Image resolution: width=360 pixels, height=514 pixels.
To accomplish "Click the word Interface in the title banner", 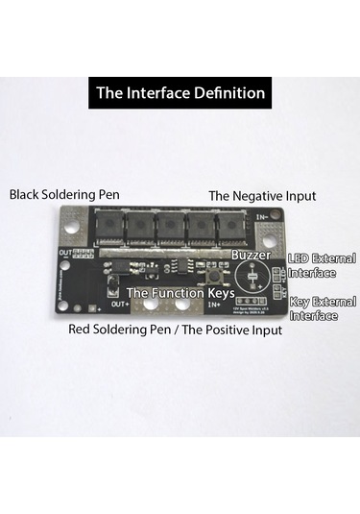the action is coord(160,94).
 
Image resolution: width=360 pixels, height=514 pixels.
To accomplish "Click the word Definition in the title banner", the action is coord(228,94).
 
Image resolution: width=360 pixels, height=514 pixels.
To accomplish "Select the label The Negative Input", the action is coord(262,195).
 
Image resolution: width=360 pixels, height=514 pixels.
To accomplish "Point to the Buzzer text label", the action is coord(251,256).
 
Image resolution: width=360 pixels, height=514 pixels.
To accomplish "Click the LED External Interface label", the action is coord(323,265).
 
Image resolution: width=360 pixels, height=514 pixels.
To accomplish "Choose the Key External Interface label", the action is coord(323,307).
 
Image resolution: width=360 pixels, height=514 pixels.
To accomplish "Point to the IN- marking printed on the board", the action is coord(262,218).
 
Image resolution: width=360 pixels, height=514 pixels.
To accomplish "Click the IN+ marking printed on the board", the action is coord(215,305).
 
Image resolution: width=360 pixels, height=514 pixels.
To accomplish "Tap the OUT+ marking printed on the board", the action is coord(120,305).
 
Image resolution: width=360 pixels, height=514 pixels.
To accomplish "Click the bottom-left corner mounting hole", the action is coord(63,306).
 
